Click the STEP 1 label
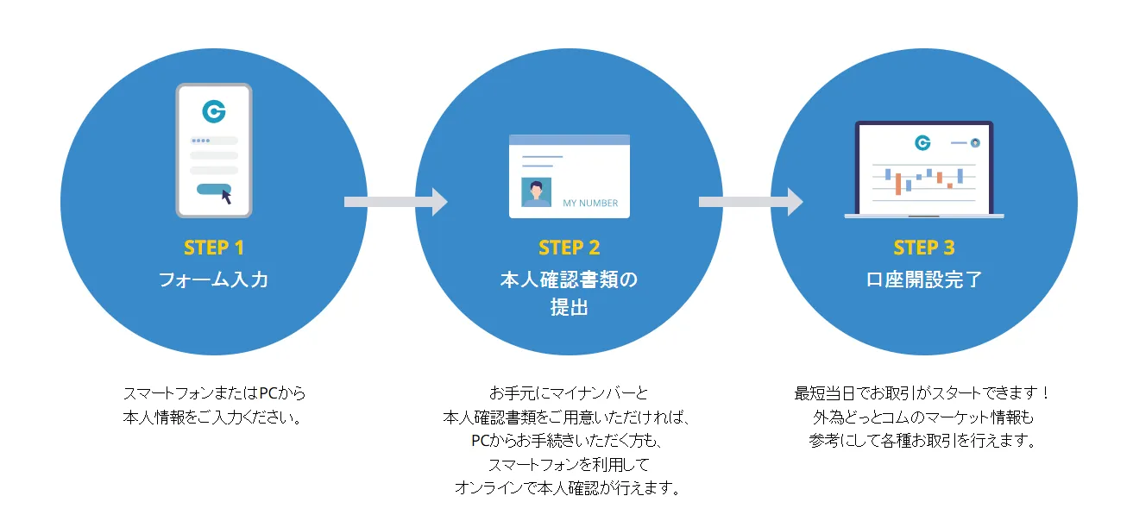[214, 248]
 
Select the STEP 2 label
[569, 248]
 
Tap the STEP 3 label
[923, 248]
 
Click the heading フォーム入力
[214, 280]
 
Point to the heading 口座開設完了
[923, 280]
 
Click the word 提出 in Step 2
[569, 307]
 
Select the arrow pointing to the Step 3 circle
[750, 202]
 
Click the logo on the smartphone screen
[213, 111]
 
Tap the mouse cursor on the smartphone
[226, 197]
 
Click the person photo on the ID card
[536, 191]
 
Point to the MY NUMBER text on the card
[590, 204]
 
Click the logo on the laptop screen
[922, 142]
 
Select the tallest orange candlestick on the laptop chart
[898, 184]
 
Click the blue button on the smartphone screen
[211, 189]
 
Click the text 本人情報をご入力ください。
[214, 417]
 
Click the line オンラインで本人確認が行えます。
[569, 488]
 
